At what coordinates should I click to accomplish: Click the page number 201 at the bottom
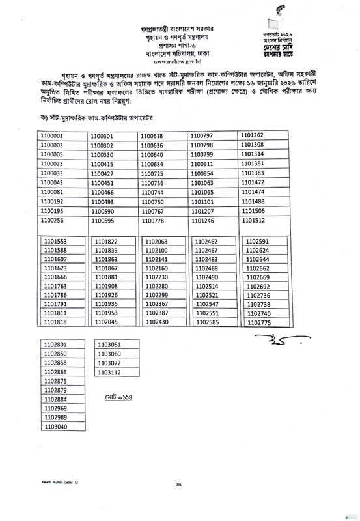tap(179, 503)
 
